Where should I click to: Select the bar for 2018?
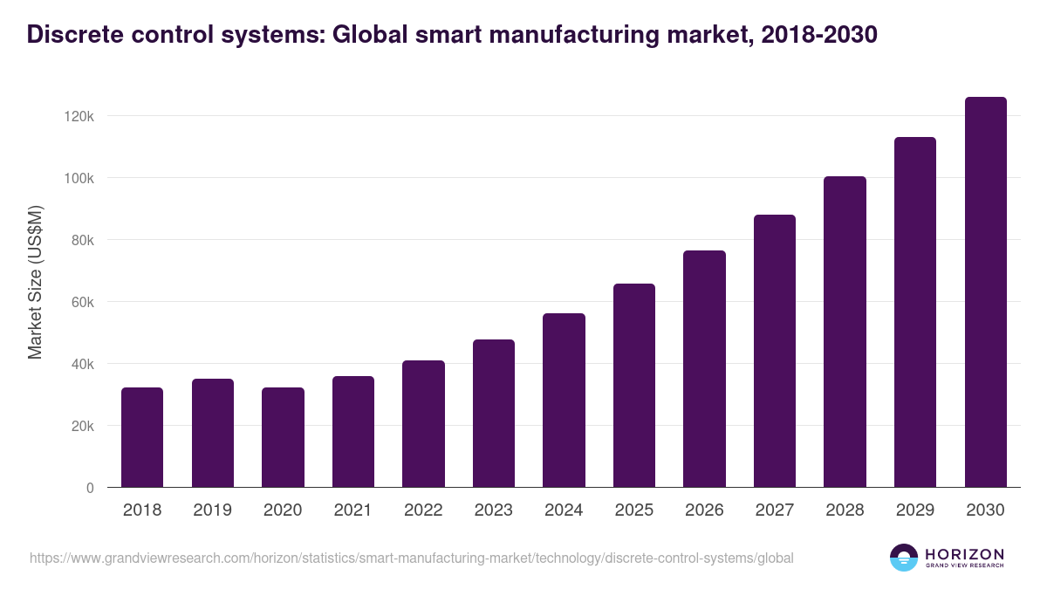click(142, 437)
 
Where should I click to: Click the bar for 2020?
click(283, 437)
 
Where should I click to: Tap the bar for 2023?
click(494, 414)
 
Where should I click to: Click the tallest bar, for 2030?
click(985, 292)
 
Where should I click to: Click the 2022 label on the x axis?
click(423, 510)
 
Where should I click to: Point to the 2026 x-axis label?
click(704, 510)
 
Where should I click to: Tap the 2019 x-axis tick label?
click(212, 510)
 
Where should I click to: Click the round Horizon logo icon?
click(904, 558)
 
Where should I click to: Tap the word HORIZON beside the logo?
click(965, 553)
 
